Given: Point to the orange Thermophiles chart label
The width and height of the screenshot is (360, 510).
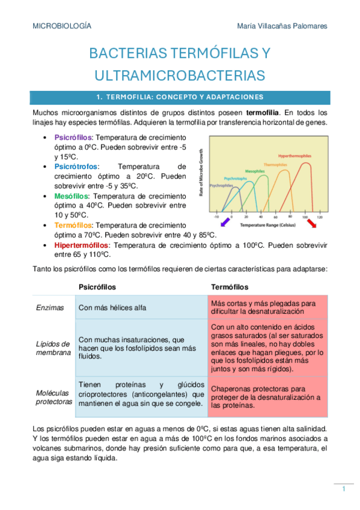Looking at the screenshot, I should [x=275, y=164].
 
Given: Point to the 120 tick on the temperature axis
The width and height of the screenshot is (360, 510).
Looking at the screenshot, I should [x=320, y=217].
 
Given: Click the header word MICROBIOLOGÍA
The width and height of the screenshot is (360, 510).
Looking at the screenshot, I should [x=62, y=26].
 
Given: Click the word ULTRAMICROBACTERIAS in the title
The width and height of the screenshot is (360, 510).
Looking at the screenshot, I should [x=180, y=75].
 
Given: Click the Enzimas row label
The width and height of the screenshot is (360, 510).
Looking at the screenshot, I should [x=50, y=307].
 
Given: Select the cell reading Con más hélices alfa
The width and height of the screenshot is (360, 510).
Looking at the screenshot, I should [x=112, y=307].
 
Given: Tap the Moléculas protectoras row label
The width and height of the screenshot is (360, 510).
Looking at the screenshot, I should [x=53, y=396].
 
